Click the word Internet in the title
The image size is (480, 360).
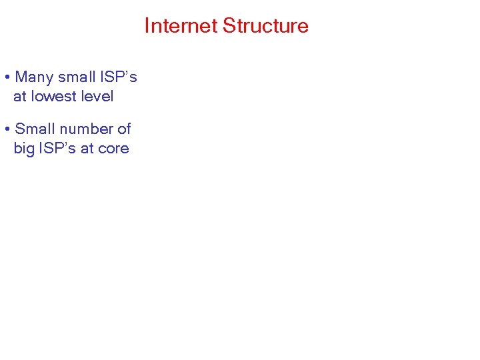point(181,26)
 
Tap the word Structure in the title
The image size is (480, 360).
point(265,26)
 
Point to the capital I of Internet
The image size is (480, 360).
point(147,26)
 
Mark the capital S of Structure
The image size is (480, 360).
point(228,26)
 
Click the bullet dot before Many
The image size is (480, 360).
point(6,77)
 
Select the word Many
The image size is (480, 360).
point(34,77)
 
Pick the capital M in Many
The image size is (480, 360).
point(21,77)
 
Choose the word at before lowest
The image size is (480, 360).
point(20,97)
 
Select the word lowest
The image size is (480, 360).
point(53,97)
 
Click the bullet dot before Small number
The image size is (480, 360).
point(6,129)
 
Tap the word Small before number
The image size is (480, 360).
point(35,129)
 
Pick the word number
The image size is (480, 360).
point(86,129)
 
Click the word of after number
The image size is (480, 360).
point(124,129)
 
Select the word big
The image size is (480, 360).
point(24,149)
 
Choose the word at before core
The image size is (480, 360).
point(87,149)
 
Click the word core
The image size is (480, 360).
point(113,149)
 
